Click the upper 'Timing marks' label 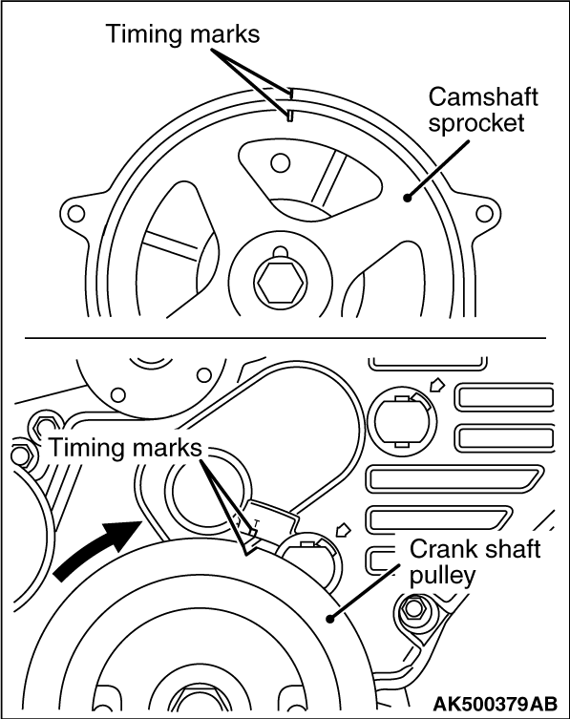pos(182,33)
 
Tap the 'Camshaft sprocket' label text pos(482,110)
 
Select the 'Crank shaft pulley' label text pos(475,562)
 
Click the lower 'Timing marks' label pos(125,447)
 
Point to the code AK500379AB pos(496,703)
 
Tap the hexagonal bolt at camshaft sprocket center pos(279,283)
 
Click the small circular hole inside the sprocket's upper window pos(280,162)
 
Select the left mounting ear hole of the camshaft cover pos(75,213)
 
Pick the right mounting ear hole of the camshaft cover pos(484,213)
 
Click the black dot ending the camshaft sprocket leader pos(407,198)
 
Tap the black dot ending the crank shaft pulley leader pos(328,619)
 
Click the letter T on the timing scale pos(257,522)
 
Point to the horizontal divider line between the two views pos(285,338)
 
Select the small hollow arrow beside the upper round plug pos(436,384)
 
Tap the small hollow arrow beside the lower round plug pos(344,529)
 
